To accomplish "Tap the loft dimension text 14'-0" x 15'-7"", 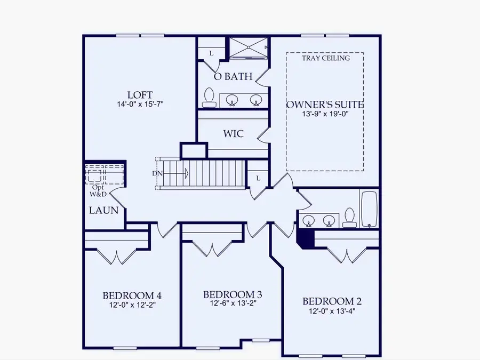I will point(140,105).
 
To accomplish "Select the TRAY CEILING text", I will point(325,58).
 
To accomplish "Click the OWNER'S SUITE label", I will point(325,105).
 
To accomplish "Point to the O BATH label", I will point(233,77).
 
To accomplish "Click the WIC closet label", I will point(233,133).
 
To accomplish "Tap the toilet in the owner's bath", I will point(209,97).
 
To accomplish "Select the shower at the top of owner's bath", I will point(249,47).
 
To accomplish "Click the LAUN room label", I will point(103,210).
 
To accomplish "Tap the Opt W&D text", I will point(98,190).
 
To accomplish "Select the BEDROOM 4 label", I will point(132,295).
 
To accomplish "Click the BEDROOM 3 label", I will point(233,294).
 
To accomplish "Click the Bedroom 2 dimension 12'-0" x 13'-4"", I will point(332,311).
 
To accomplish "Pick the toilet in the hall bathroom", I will point(350,217).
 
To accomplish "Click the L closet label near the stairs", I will point(258,178).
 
